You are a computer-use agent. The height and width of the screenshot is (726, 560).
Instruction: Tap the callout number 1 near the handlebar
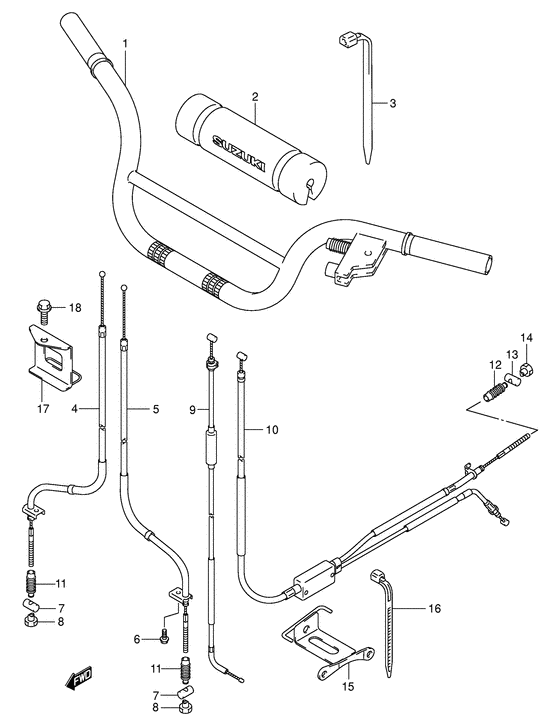126,44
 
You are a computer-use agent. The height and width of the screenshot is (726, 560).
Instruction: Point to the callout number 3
393,104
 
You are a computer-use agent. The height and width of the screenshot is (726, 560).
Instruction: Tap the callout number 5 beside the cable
155,408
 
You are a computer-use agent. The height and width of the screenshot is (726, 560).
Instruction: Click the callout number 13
511,355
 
